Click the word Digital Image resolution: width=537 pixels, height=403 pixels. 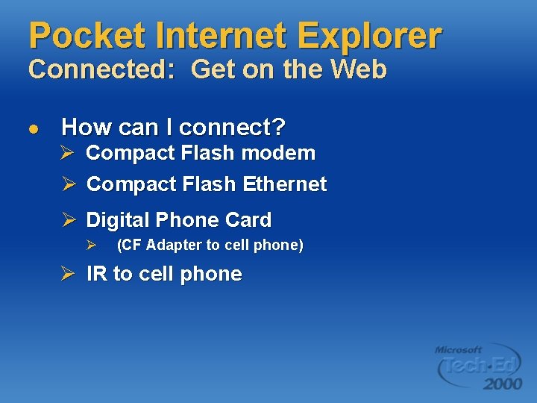coord(114,220)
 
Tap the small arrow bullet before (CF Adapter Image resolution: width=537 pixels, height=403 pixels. coord(91,245)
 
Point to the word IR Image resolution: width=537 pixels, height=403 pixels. coord(97,274)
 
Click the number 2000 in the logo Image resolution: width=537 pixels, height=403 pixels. coord(502,384)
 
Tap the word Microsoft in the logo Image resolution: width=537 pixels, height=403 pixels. coord(459,349)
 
